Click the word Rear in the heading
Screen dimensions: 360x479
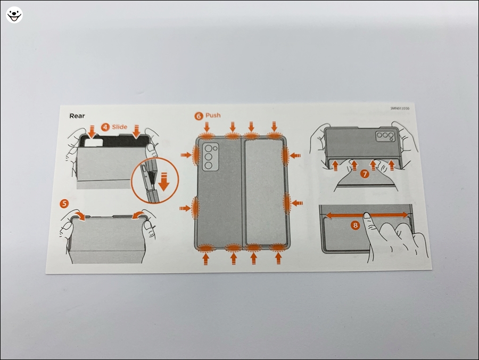pos(77,116)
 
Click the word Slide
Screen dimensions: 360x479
pos(120,127)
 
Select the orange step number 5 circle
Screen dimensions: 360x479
pos(64,203)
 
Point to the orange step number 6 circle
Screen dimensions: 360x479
pos(199,116)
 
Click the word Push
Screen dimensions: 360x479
pos(213,115)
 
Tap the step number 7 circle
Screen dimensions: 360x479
pos(364,174)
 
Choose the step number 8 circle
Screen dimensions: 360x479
pos(356,225)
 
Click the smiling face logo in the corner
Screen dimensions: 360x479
pos(14,14)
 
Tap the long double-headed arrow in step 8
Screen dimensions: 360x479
pos(367,215)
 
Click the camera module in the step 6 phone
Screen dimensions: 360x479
pos(210,157)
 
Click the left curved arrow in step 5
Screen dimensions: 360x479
pos(80,215)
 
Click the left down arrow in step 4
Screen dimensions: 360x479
pos(91,130)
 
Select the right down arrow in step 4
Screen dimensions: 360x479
pos(137,130)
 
